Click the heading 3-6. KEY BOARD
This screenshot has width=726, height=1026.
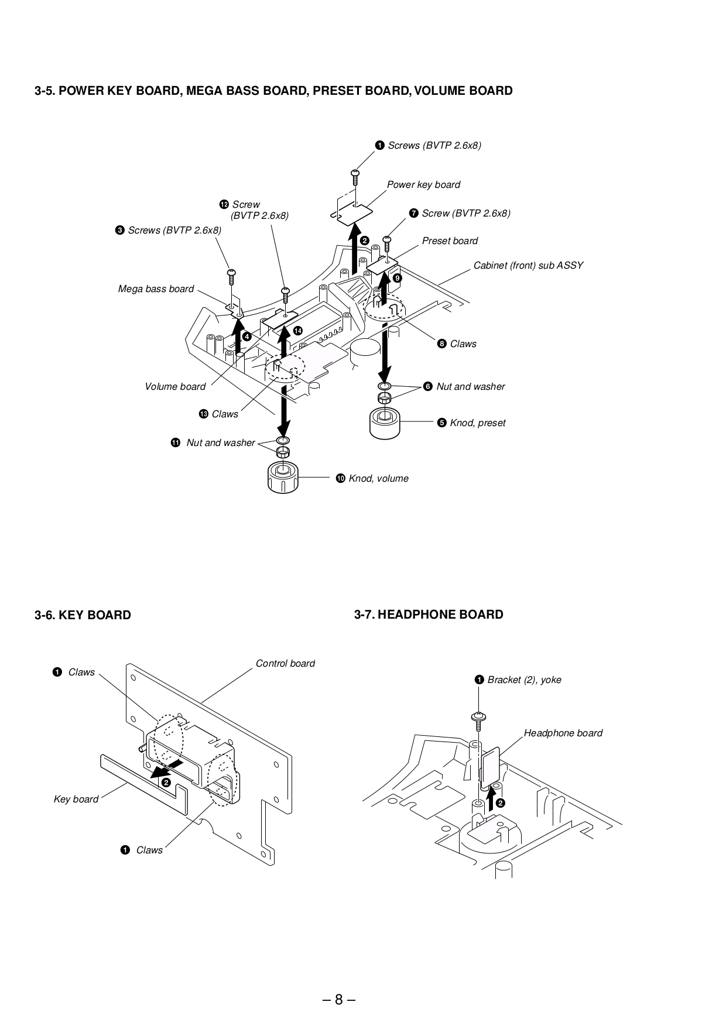(83, 615)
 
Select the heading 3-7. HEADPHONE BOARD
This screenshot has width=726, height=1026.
(429, 615)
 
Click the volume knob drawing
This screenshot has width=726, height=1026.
(283, 478)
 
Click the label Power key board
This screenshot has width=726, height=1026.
(423, 185)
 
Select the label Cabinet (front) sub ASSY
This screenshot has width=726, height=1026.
(528, 266)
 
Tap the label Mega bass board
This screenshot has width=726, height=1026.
(156, 289)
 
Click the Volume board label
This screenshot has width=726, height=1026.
(175, 387)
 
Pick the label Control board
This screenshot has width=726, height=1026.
(285, 664)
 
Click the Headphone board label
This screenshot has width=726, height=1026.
(563, 733)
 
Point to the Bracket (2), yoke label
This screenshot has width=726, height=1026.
(524, 680)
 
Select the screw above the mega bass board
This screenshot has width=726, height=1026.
(231, 275)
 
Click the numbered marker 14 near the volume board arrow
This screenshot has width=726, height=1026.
(298, 331)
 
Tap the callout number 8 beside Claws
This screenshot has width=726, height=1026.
(442, 344)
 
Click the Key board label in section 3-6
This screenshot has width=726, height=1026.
(76, 799)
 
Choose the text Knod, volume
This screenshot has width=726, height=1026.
(378, 479)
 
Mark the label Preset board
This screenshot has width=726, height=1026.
(450, 241)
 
